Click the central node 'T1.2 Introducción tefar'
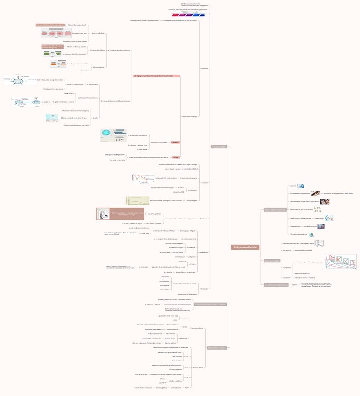click(x=245, y=247)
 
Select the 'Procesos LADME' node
click(x=219, y=147)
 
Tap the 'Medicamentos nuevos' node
click(x=216, y=347)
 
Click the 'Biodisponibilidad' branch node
click(x=272, y=261)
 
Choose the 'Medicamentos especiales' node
click(x=274, y=210)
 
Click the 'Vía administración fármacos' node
click(x=275, y=284)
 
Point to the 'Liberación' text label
click(x=204, y=68)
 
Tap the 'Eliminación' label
click(x=203, y=289)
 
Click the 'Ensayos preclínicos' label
click(x=197, y=328)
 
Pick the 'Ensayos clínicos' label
click(x=198, y=367)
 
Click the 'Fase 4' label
click(x=187, y=388)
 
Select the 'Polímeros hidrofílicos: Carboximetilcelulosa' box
click(x=50, y=24)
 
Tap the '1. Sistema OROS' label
click(x=93, y=85)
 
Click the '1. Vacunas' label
click(x=293, y=186)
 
